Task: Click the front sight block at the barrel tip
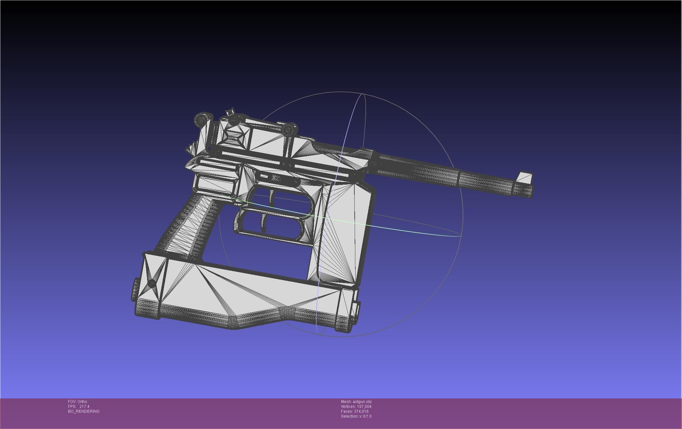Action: click(524, 178)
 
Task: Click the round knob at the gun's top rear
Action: click(202, 120)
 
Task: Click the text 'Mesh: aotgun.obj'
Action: click(356, 402)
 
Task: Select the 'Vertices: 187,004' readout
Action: click(356, 407)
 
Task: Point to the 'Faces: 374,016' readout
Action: click(355, 411)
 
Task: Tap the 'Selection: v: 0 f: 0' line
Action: click(356, 416)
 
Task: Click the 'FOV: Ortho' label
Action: click(77, 402)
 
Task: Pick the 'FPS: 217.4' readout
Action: click(79, 407)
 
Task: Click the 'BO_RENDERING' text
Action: click(84, 411)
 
